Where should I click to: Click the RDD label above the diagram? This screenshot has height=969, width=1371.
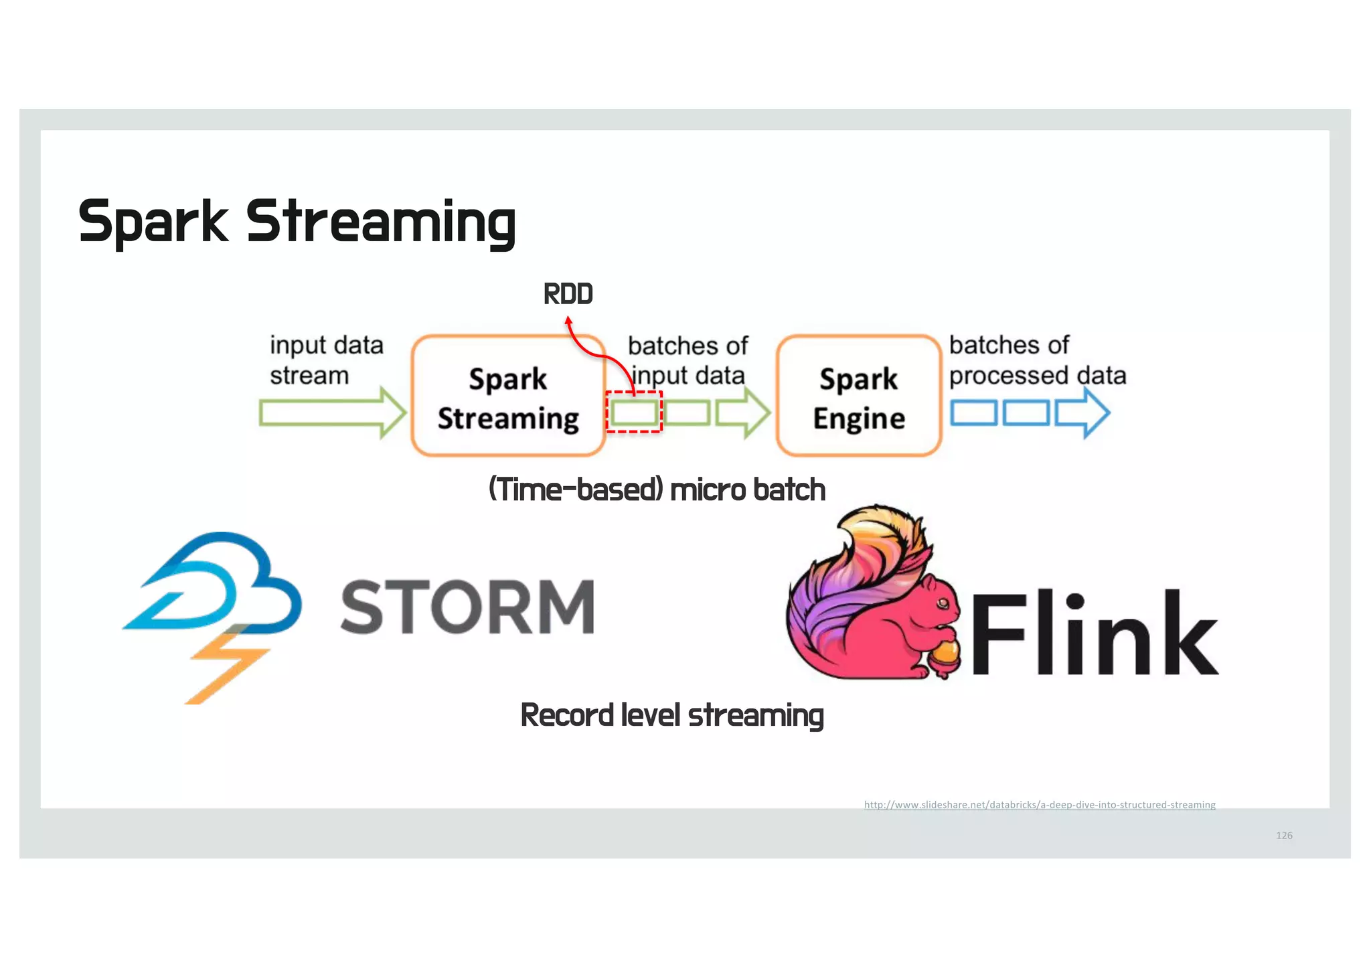pyautogui.click(x=568, y=294)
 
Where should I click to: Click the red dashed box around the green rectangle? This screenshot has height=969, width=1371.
pyautogui.click(x=634, y=412)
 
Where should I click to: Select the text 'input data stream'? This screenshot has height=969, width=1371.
pyautogui.click(x=326, y=360)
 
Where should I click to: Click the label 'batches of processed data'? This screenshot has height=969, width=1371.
pyautogui.click(x=1036, y=360)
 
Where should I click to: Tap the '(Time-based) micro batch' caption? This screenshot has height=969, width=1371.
pyautogui.click(x=657, y=490)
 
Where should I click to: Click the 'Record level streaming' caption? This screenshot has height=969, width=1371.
pyautogui.click(x=671, y=715)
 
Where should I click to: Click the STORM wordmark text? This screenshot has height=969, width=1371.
pyautogui.click(x=467, y=607)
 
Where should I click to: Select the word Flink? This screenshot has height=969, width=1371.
pyautogui.click(x=1093, y=633)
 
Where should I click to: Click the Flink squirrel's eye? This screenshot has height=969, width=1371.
pyautogui.click(x=943, y=603)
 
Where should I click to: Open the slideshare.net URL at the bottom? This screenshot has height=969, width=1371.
pyautogui.click(x=1039, y=804)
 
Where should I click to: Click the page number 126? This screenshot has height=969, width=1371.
pyautogui.click(x=1283, y=835)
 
